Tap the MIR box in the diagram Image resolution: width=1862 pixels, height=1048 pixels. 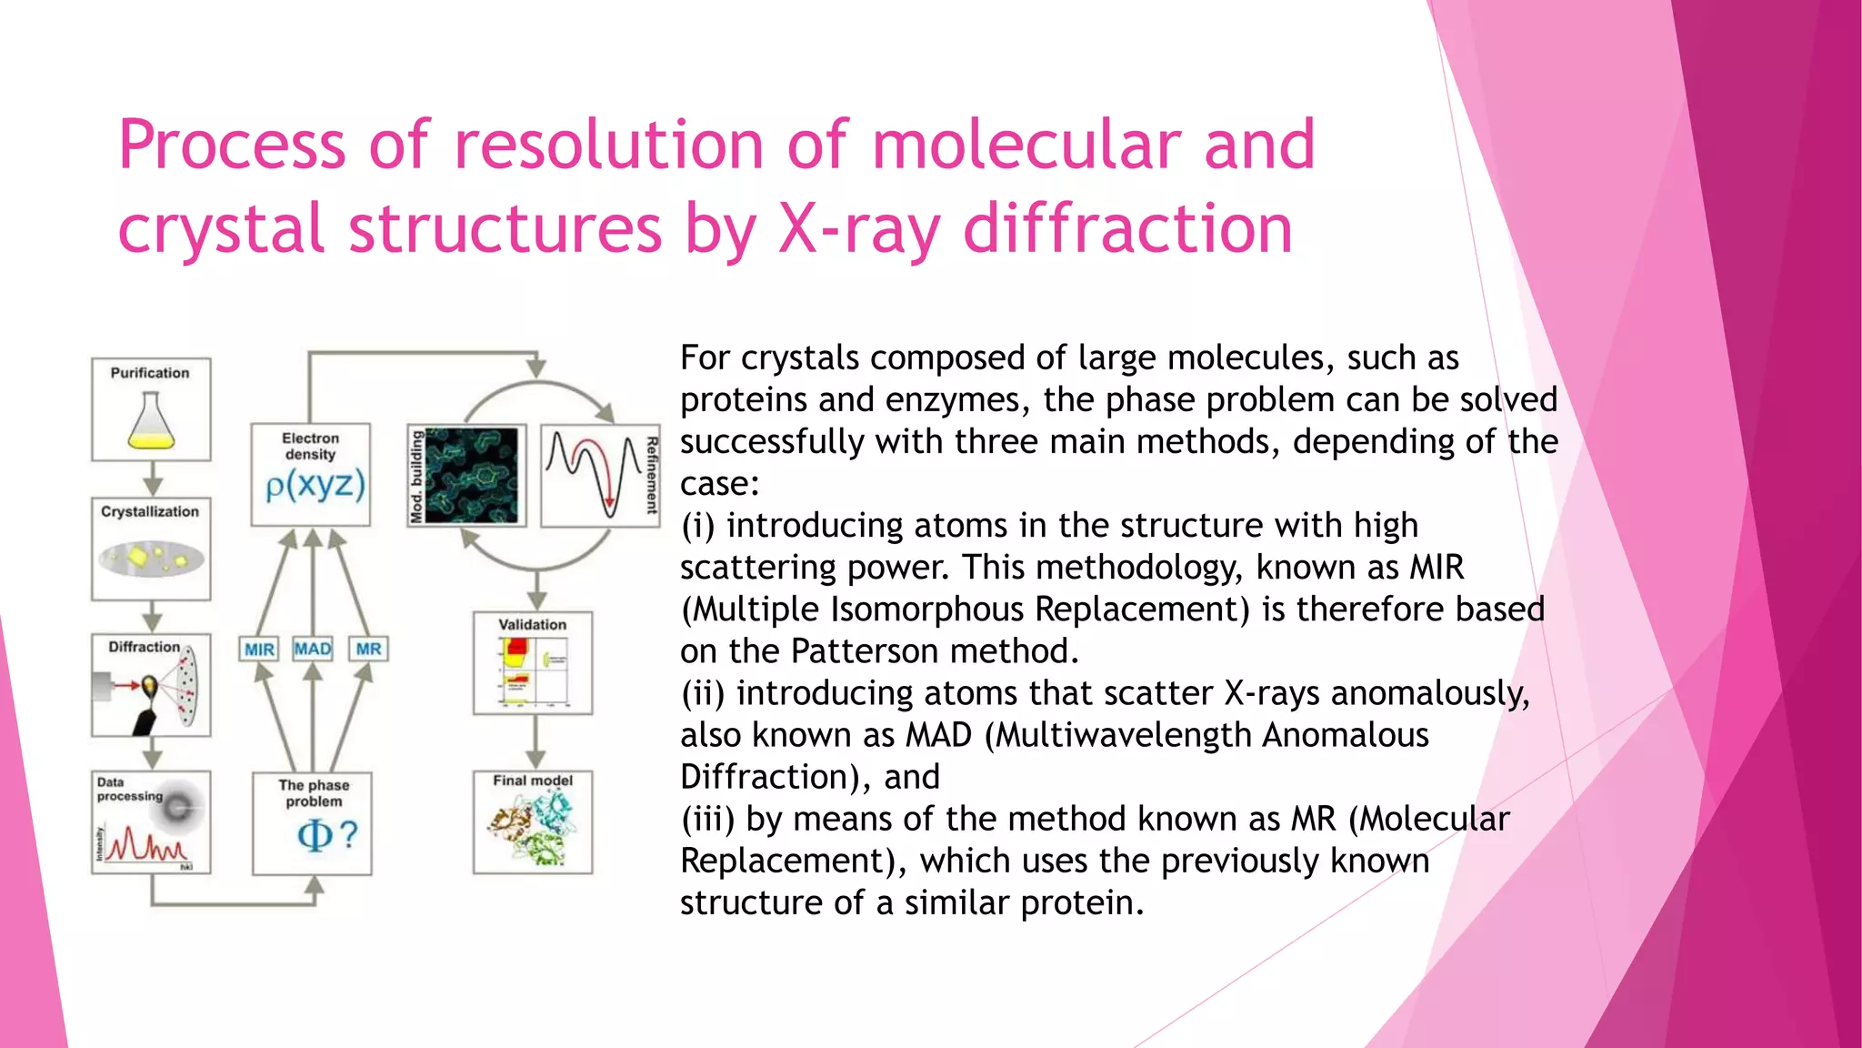(x=259, y=650)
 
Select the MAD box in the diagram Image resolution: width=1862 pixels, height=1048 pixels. (x=313, y=649)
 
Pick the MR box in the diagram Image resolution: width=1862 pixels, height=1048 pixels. (x=368, y=649)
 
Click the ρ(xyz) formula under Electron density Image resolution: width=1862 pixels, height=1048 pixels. (x=315, y=485)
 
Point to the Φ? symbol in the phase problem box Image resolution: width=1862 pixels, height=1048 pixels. (x=326, y=834)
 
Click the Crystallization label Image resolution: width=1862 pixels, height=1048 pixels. (x=150, y=512)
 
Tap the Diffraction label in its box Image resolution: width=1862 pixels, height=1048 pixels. (x=144, y=647)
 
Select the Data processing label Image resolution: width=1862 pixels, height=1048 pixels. (x=128, y=789)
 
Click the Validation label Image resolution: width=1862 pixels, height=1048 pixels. (x=532, y=625)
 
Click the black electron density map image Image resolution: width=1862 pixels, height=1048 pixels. (x=471, y=476)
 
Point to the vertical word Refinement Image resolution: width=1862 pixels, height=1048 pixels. (x=651, y=476)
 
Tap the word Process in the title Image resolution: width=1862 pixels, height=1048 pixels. (x=232, y=146)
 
